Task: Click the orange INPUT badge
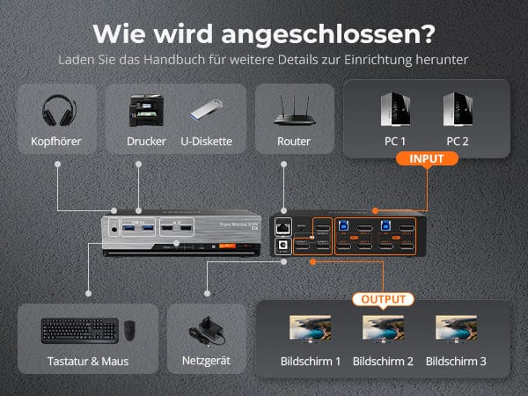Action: (x=426, y=159)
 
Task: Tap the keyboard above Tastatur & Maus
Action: (x=79, y=330)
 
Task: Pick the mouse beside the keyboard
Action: (x=129, y=331)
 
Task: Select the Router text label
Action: (x=294, y=141)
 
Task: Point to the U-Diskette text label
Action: (x=206, y=141)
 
